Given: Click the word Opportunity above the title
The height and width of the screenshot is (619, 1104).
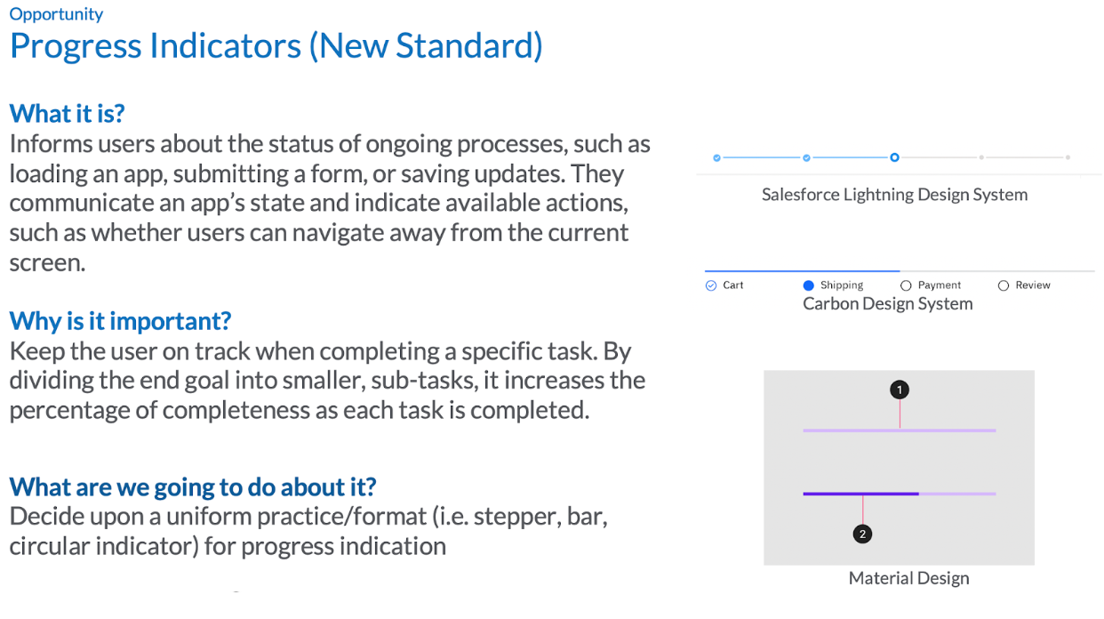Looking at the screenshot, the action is point(56,14).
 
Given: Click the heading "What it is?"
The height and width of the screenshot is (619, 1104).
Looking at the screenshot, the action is point(67,114).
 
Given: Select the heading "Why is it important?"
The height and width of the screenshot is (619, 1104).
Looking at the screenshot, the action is point(120,321).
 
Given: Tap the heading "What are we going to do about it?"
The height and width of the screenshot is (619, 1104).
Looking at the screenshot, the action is point(193,487).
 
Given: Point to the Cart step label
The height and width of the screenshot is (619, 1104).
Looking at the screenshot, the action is point(732,285).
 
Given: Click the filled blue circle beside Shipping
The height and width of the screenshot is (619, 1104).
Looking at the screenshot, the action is point(808,285).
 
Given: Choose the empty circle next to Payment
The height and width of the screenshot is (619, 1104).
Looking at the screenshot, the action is point(906,285).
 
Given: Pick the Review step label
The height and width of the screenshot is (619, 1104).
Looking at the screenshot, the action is point(1033,285).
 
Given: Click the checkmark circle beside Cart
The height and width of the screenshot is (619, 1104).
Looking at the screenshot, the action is point(711,285).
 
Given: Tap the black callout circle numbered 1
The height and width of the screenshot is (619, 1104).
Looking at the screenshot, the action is point(900,390).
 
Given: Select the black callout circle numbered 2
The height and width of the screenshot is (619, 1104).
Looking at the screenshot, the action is point(862,535).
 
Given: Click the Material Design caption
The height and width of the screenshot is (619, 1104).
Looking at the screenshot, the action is point(908,578).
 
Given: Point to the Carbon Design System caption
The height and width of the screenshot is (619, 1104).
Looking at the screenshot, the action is point(888,304).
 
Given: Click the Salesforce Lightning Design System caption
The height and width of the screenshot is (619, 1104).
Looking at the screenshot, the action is point(894,195).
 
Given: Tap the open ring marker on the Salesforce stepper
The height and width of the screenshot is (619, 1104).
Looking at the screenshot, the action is point(894,157).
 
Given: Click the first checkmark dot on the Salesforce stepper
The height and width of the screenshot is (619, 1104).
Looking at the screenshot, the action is point(717,157).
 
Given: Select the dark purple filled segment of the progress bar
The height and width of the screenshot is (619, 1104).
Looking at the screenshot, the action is point(861,494).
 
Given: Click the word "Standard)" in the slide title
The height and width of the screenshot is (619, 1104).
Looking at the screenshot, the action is point(469,46).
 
